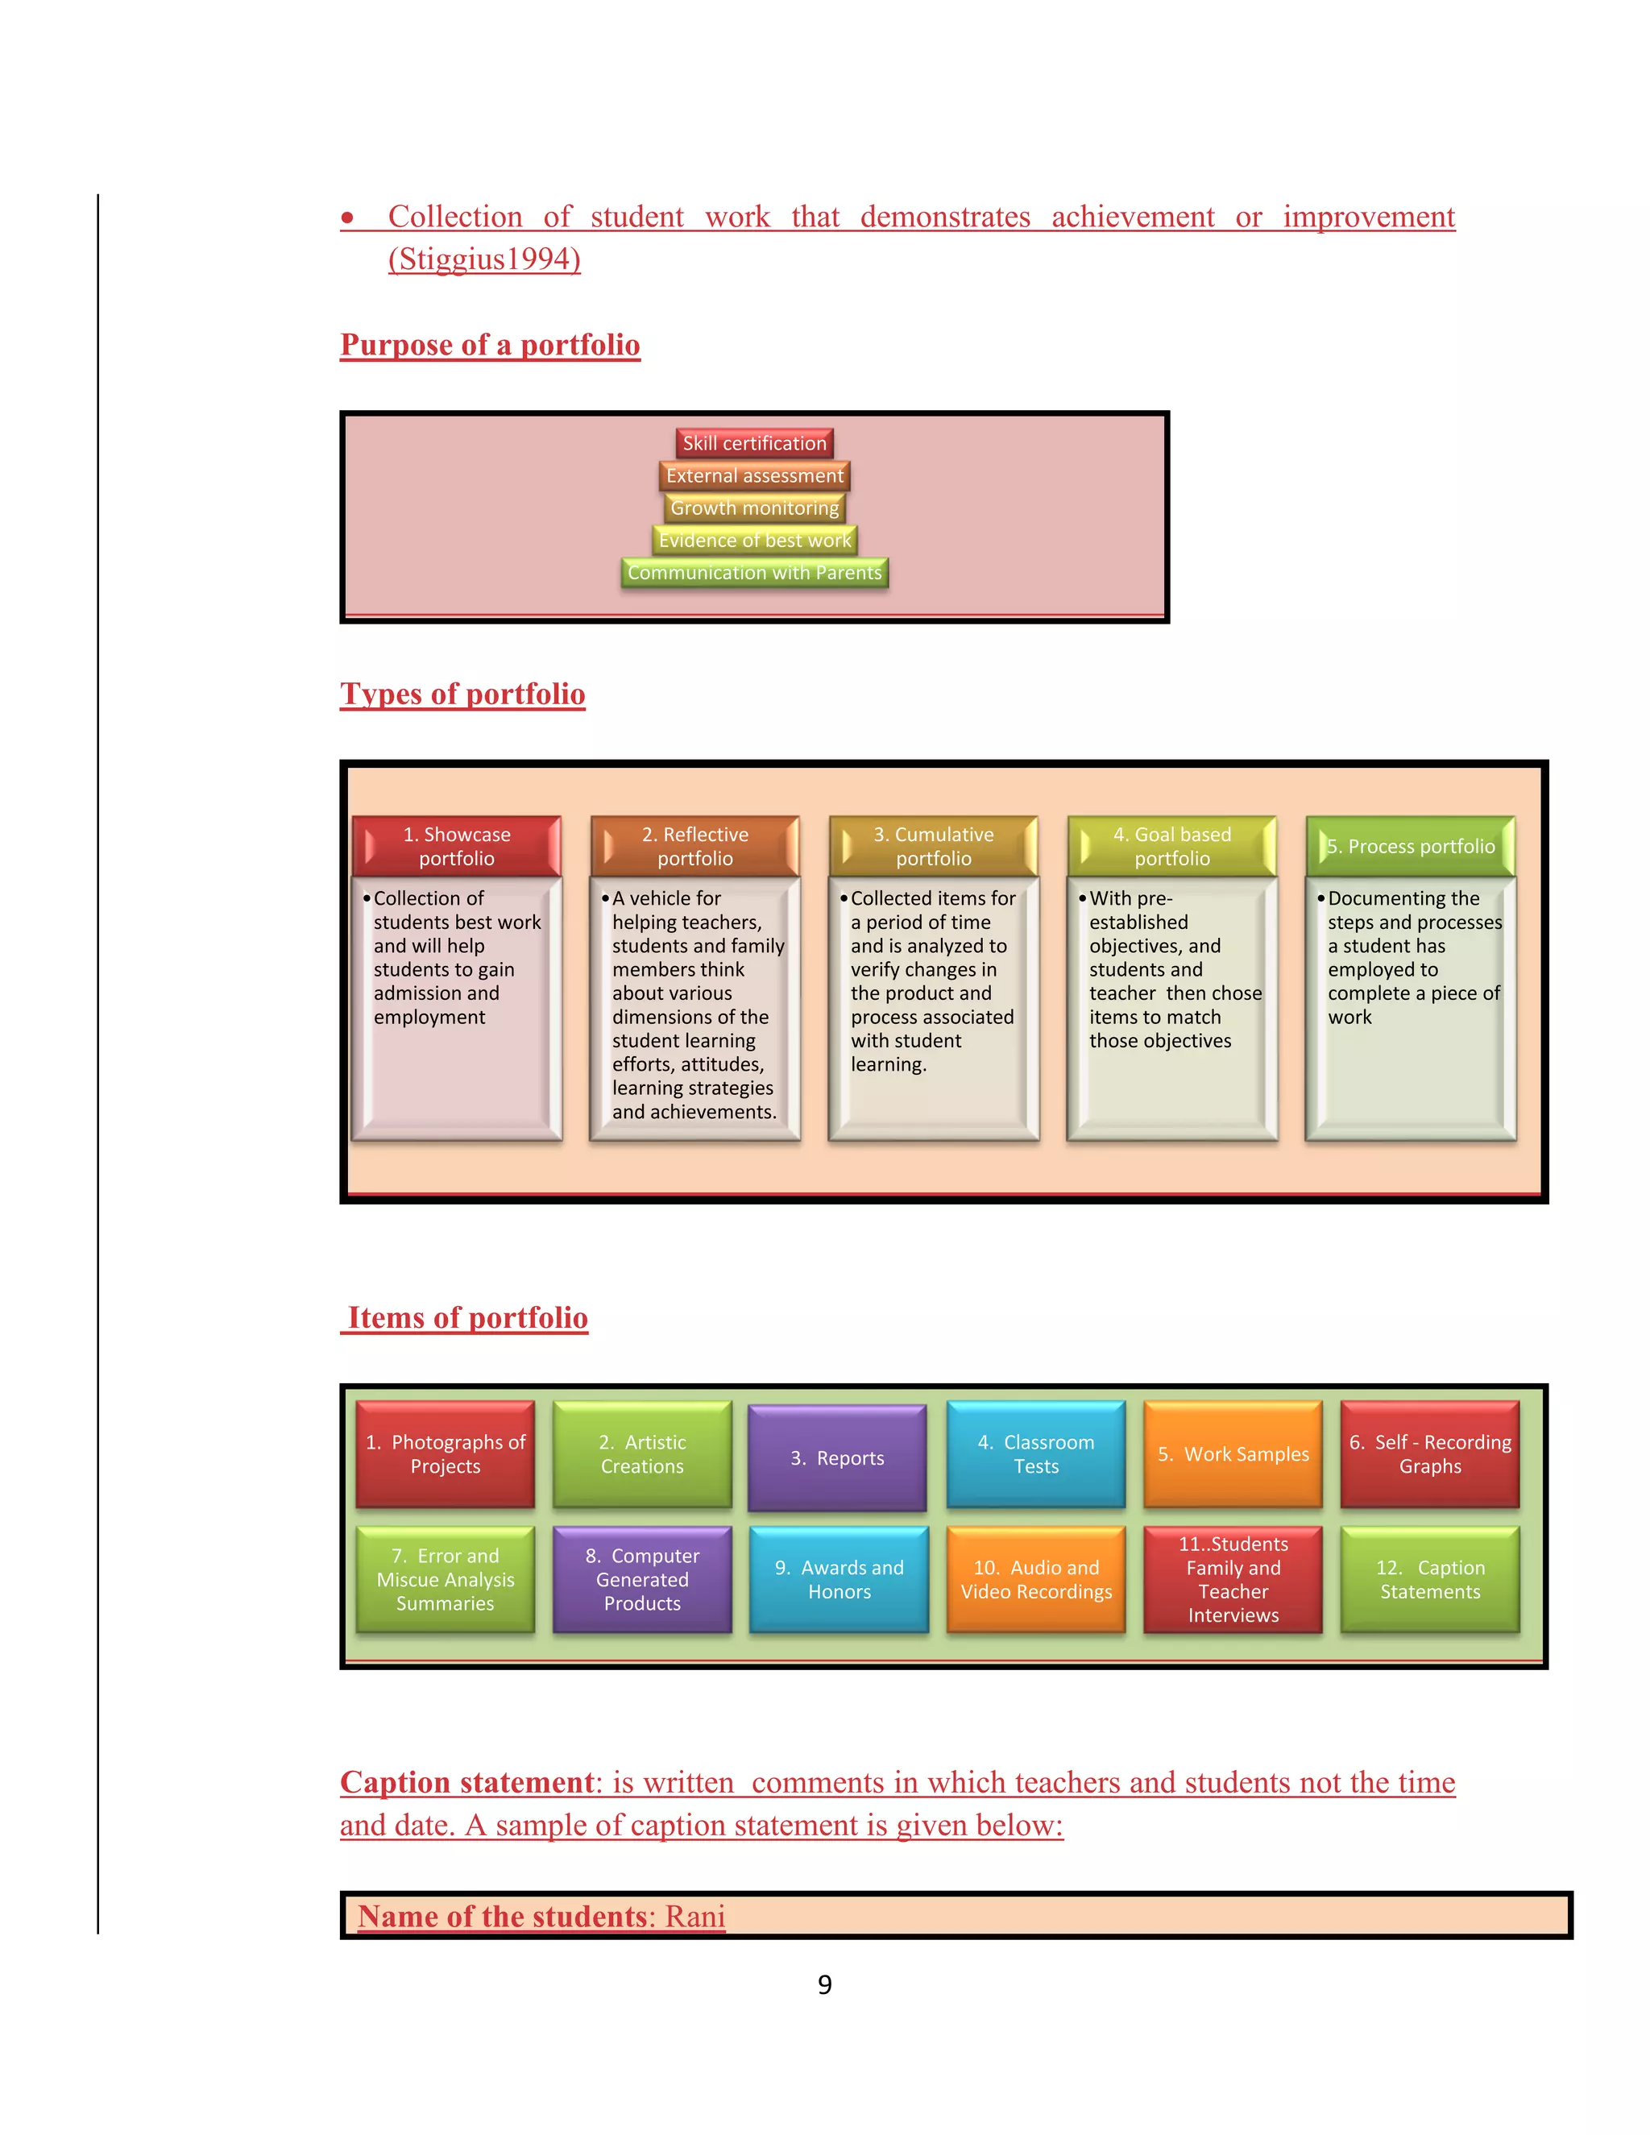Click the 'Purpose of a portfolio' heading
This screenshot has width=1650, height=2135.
[x=490, y=345]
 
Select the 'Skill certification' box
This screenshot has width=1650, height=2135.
[x=753, y=444]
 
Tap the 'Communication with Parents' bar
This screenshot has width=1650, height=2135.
[x=753, y=573]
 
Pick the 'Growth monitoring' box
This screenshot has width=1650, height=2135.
[x=753, y=508]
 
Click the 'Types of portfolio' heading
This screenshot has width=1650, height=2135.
[x=462, y=694]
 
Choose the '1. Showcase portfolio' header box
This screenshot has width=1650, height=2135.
[x=457, y=847]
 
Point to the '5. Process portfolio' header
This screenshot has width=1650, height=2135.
[x=1411, y=847]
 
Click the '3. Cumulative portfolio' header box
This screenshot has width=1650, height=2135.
[x=934, y=847]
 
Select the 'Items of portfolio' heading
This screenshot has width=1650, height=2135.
[x=467, y=1318]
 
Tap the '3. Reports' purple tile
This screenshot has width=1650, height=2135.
[x=837, y=1457]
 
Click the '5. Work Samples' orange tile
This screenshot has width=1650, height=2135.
[x=1233, y=1454]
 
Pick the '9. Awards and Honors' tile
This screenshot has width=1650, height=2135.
[x=839, y=1580]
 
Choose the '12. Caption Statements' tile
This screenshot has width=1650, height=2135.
[x=1430, y=1580]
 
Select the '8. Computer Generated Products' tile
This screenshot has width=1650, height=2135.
[x=642, y=1580]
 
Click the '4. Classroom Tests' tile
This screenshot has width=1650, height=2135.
[x=1036, y=1454]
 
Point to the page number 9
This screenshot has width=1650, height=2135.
[x=825, y=1984]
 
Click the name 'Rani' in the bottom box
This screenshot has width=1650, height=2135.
[x=695, y=1917]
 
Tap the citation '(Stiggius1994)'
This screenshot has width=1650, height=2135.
[x=484, y=259]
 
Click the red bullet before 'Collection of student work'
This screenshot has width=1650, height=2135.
[x=347, y=218]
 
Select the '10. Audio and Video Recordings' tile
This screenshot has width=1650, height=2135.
[x=1036, y=1580]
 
